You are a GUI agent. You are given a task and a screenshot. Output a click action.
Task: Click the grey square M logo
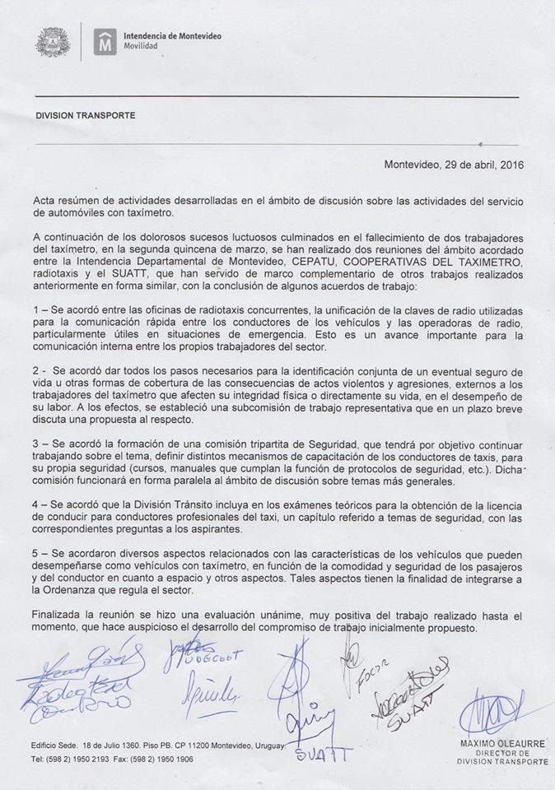pyautogui.click(x=104, y=42)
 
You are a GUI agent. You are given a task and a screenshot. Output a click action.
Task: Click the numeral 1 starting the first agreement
pyautogui.click(x=36, y=309)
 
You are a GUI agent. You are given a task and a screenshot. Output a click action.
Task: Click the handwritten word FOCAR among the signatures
pyautogui.click(x=371, y=680)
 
